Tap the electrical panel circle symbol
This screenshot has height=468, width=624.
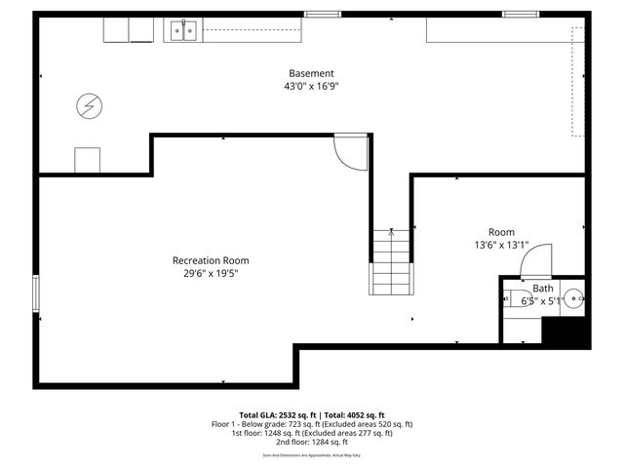point(89,104)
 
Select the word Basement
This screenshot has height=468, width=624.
point(311,74)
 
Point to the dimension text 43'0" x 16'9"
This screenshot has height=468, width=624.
point(311,87)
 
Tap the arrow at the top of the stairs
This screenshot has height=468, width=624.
point(391,232)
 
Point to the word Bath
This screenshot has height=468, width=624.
point(542,289)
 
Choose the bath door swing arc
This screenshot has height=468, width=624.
point(537,259)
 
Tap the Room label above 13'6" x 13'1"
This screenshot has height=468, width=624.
point(501,232)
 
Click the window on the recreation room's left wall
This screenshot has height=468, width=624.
point(36,293)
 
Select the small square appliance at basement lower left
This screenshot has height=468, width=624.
point(88,160)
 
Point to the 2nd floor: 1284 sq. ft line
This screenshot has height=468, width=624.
point(311,443)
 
